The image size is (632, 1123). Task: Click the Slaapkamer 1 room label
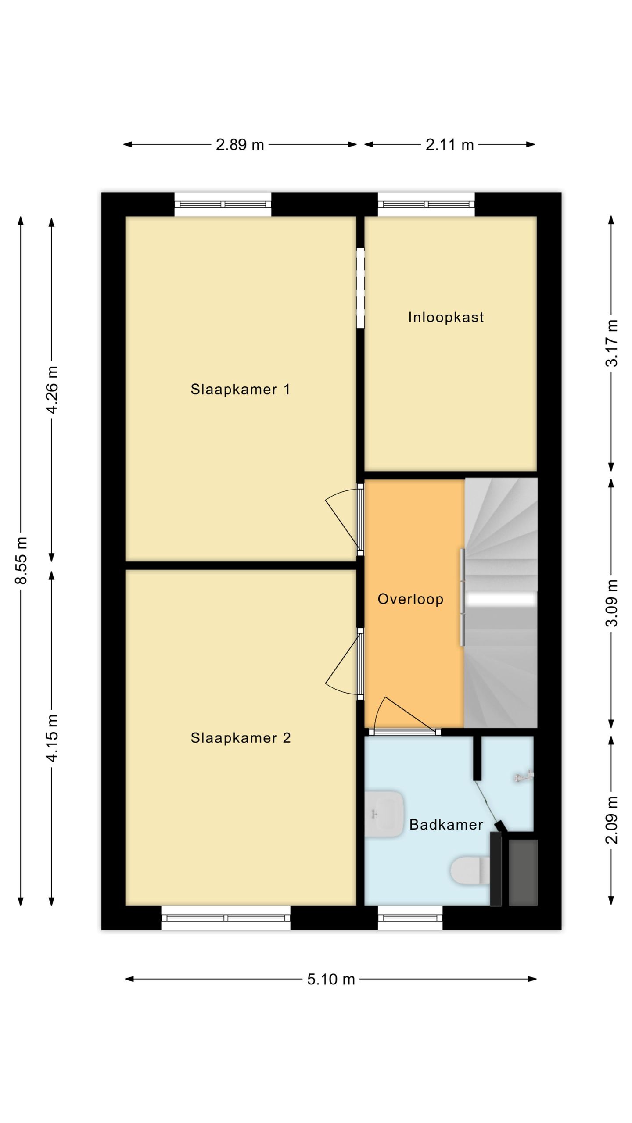click(x=240, y=389)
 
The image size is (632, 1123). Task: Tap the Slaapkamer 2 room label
click(x=241, y=738)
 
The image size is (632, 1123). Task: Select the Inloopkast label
click(x=446, y=317)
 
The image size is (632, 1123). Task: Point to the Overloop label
click(x=410, y=599)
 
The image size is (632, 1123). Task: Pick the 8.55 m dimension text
click(x=21, y=560)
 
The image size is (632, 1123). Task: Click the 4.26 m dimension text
click(x=52, y=390)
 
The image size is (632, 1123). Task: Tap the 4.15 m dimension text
click(x=52, y=738)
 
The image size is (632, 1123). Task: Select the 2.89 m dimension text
click(x=240, y=144)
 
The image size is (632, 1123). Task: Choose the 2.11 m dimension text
click(x=449, y=144)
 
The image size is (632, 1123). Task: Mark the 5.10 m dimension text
click(x=331, y=979)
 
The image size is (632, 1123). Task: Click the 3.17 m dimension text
click(x=612, y=343)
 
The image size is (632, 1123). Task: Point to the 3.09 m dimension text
click(x=612, y=603)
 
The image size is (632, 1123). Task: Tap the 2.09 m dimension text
click(x=612, y=820)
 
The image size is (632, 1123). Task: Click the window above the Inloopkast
click(x=426, y=204)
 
